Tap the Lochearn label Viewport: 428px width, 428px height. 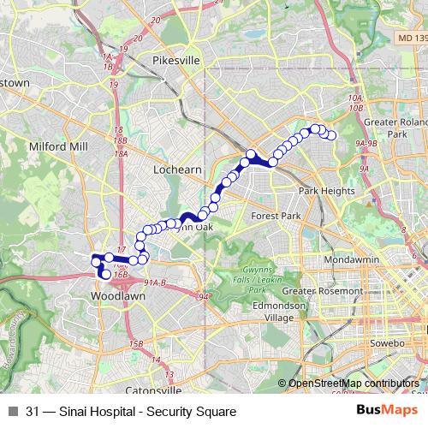176,169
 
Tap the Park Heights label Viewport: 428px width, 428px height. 320,191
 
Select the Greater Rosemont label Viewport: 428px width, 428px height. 324,290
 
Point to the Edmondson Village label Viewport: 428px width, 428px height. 272,311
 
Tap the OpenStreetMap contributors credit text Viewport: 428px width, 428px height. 353,383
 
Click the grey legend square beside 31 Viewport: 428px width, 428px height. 11,412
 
